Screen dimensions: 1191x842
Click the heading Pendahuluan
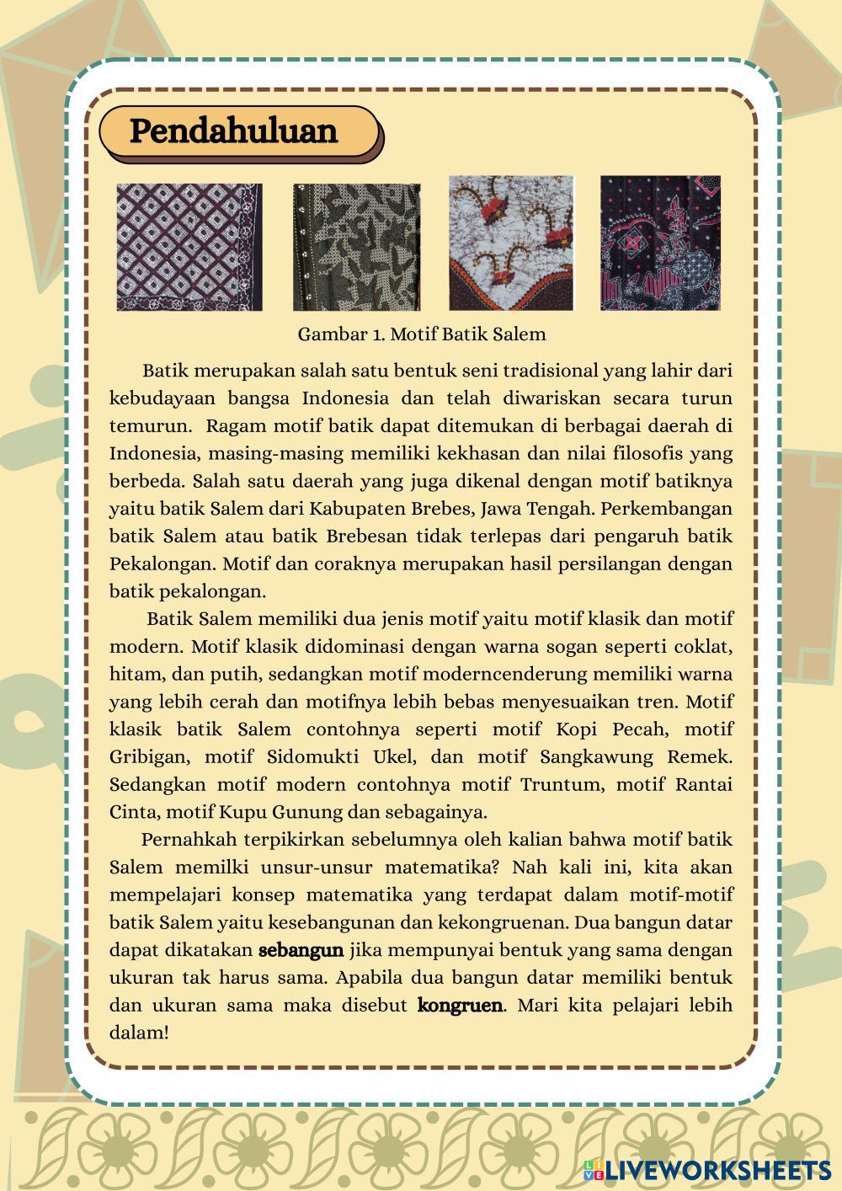(x=233, y=131)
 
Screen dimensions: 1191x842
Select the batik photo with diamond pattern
(x=189, y=247)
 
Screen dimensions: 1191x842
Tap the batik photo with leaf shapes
(x=356, y=247)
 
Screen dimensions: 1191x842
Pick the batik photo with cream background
(x=511, y=243)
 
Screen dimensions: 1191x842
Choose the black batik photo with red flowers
(x=660, y=243)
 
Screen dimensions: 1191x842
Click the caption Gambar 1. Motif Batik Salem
(x=421, y=334)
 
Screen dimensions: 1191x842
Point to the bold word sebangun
(x=301, y=950)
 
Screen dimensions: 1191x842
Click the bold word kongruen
(x=460, y=1005)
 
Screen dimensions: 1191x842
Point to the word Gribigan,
(x=146, y=756)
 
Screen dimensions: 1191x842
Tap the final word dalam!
(x=139, y=1032)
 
